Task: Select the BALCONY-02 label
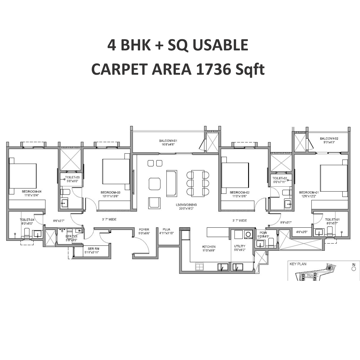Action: [329, 139]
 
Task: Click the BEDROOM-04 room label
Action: [31, 191]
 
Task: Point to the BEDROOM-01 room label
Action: [309, 192]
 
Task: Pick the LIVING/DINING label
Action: [186, 205]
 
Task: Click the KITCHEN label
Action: [209, 247]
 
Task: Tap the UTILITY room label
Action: [240, 246]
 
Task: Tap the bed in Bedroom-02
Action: [235, 175]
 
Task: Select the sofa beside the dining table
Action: [172, 183]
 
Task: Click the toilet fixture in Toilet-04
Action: [26, 233]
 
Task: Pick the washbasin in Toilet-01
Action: [318, 232]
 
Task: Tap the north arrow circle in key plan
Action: [354, 269]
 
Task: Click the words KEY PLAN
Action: [298, 264]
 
